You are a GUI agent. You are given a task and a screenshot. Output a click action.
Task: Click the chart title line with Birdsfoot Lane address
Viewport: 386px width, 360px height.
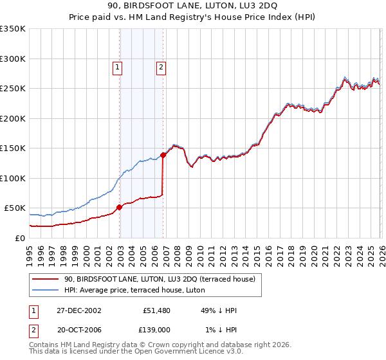pyautogui.click(x=192, y=6)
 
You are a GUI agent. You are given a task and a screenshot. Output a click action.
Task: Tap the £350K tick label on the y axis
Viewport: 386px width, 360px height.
pyautogui.click(x=13, y=29)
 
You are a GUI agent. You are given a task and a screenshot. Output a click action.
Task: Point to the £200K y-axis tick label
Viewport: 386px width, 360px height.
pyautogui.click(x=13, y=118)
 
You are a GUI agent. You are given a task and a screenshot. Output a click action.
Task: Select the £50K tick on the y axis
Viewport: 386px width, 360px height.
pyautogui.click(x=15, y=208)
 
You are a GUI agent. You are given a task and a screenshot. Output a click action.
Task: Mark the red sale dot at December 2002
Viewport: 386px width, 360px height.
pyautogui.click(x=120, y=207)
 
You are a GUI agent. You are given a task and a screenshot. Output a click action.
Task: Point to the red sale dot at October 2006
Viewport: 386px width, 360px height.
pyautogui.click(x=163, y=154)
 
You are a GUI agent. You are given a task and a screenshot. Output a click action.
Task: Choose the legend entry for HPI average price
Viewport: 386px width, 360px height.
pyautogui.click(x=134, y=290)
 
